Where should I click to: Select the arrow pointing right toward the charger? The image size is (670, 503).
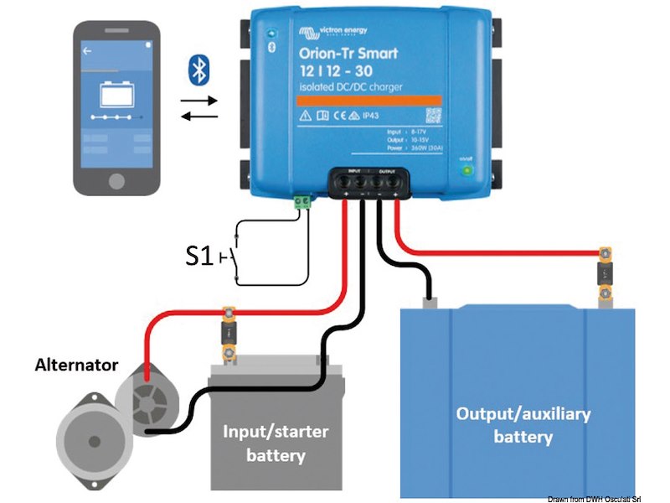click(199, 100)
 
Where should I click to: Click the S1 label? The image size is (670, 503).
click(199, 256)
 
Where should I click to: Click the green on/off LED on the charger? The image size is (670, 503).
click(466, 171)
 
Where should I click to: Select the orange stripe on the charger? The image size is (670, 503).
click(369, 99)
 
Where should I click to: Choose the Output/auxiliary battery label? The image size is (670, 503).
click(523, 425)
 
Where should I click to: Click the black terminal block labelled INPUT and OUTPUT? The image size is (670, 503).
click(369, 181)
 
